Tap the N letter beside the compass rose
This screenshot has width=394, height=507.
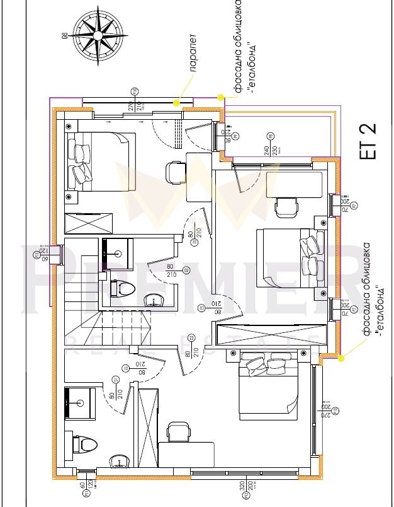(x=62, y=36)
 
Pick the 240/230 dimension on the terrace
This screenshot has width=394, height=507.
(x=271, y=151)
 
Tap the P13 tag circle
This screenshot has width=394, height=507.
(x=335, y=411)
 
